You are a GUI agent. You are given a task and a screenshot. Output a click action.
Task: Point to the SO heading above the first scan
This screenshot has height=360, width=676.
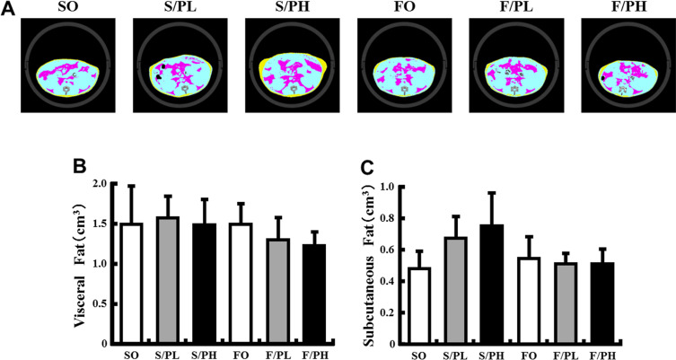pos(69,8)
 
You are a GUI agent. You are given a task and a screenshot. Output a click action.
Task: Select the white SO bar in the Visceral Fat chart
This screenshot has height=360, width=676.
pos(133,283)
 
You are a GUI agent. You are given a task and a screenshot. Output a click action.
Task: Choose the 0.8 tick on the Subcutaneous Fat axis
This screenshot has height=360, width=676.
pos(391,218)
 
